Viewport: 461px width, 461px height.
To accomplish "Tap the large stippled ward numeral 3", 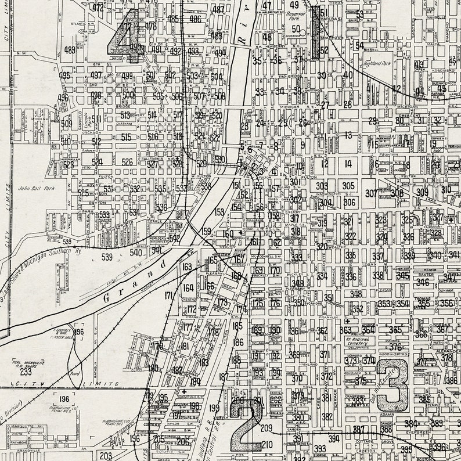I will (392, 384).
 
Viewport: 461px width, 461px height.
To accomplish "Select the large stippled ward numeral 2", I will (246, 424).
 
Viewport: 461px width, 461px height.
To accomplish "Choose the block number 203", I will (105, 456).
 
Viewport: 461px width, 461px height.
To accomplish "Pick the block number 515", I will (126, 138).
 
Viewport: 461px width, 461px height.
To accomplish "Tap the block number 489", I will (70, 51).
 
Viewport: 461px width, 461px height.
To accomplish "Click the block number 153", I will (219, 212).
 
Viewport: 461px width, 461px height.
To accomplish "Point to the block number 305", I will (348, 186).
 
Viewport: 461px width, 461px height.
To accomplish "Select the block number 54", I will (359, 46).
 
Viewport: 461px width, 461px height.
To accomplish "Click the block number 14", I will (348, 164).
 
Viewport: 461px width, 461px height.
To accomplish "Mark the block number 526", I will (127, 162).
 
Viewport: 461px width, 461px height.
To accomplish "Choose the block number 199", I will (214, 408).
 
